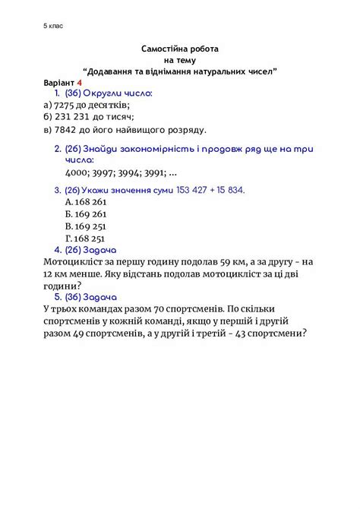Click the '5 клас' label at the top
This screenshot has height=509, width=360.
pyautogui.click(x=54, y=25)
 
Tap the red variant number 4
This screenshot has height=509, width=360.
pyautogui.click(x=79, y=81)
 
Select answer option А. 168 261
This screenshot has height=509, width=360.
pyautogui.click(x=86, y=202)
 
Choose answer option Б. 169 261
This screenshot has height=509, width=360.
pyautogui.click(x=86, y=214)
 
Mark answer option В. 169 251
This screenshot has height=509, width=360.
pyautogui.click(x=86, y=226)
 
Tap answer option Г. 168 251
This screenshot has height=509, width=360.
pyautogui.click(x=86, y=239)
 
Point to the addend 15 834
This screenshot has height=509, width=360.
pyautogui.click(x=229, y=189)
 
